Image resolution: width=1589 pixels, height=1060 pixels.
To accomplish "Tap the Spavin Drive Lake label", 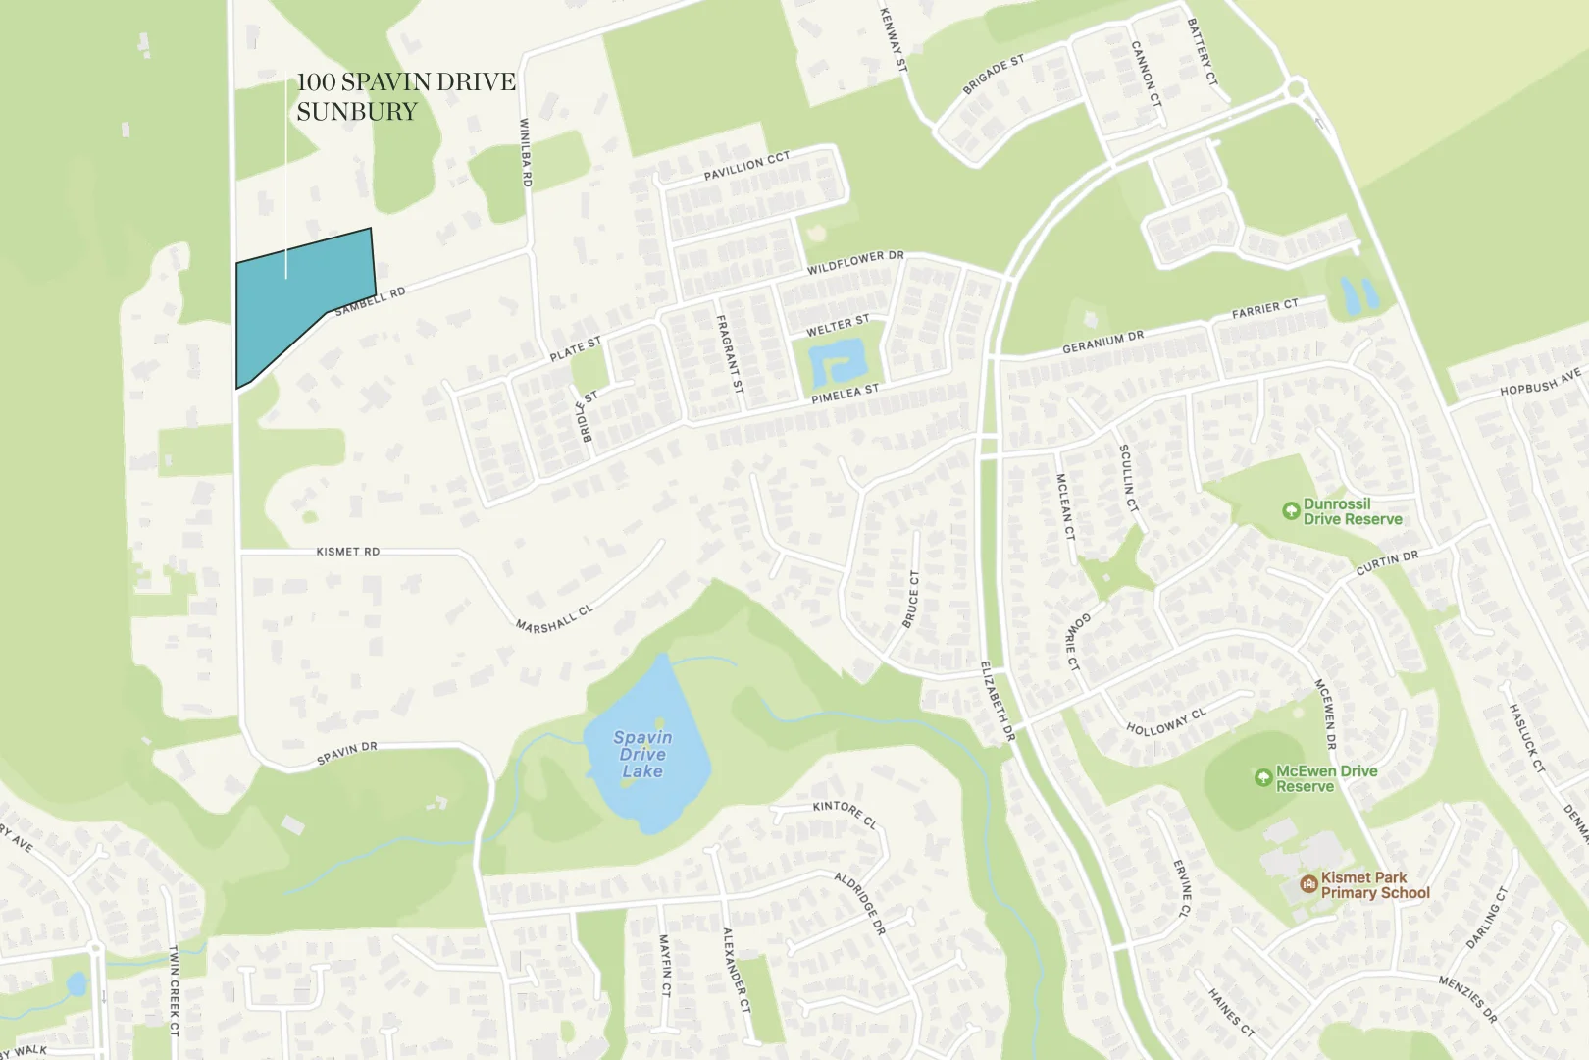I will coord(642,754).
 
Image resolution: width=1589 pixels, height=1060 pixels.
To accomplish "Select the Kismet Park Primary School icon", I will coord(1308,884).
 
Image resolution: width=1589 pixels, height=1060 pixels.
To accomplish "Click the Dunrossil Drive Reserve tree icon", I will coord(1291,511).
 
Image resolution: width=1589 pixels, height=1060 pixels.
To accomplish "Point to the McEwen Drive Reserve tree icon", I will coord(1263,778).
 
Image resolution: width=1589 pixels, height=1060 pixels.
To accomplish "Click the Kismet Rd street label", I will coord(347,552).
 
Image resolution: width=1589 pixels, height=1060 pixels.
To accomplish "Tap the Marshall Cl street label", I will coord(554,618).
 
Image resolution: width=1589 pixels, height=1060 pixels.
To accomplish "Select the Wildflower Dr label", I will coord(855,262).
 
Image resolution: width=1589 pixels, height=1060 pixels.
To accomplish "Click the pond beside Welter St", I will coord(837,364).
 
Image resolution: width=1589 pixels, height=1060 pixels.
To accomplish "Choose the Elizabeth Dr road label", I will coord(998,700).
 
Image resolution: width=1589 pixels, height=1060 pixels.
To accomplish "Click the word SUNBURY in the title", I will coord(357,112).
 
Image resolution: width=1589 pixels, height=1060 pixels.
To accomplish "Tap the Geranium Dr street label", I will coord(1102,343).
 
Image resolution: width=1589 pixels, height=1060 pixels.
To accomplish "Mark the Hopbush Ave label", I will coord(1540,382).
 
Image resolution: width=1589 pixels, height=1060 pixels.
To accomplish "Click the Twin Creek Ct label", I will coord(174,990).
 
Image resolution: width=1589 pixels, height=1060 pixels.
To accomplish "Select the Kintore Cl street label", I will coord(845,814).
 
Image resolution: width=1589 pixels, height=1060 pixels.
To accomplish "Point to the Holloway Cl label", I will coord(1166,722).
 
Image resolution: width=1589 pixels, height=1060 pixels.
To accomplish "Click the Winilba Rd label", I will coord(525,153).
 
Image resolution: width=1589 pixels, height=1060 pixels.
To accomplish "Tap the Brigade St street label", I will coord(993,75).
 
